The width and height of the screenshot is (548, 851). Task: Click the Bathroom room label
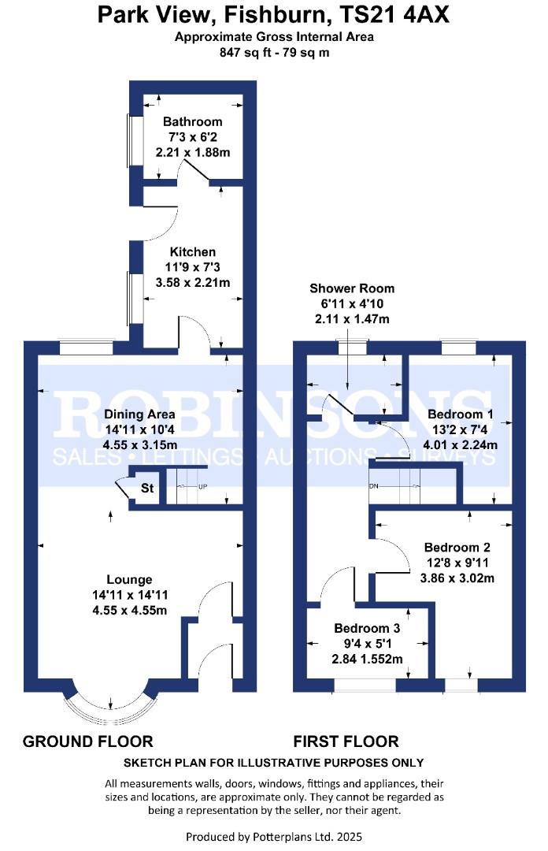tap(193, 121)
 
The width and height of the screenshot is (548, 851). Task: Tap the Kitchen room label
tap(193, 252)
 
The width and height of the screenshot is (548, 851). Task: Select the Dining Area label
tap(139, 414)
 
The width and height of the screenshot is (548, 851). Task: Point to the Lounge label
tap(129, 580)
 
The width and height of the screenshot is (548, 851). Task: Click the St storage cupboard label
tap(147, 488)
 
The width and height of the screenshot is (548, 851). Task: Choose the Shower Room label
tap(352, 288)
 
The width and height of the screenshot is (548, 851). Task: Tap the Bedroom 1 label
tap(460, 414)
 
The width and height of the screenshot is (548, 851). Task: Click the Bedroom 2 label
tap(457, 547)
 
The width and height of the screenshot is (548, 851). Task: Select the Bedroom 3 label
tap(367, 628)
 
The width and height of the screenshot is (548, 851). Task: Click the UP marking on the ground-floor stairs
tap(202, 487)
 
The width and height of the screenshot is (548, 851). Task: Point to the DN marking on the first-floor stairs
tap(373, 485)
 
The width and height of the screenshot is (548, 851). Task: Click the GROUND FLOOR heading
tap(88, 741)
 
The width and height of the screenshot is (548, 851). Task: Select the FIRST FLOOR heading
tap(346, 741)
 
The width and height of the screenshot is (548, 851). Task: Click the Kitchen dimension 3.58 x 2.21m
tap(193, 282)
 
